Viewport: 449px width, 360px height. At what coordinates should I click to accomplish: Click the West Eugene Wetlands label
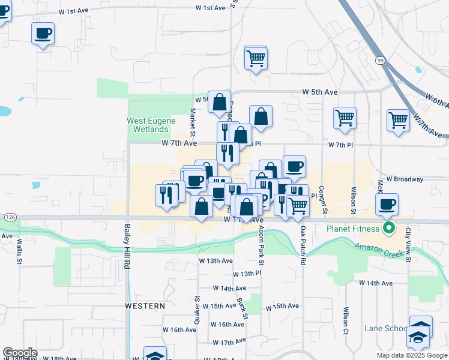(x=147, y=125)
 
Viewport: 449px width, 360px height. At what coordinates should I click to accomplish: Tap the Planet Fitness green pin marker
(x=389, y=229)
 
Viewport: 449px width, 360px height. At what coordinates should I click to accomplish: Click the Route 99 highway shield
(x=381, y=61)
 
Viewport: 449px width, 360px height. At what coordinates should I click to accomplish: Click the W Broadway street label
(x=405, y=179)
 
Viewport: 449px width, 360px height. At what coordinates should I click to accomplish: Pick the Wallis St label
(x=20, y=252)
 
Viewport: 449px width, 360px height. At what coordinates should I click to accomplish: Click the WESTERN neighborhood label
(x=145, y=306)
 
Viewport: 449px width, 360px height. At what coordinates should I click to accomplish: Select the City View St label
(x=408, y=243)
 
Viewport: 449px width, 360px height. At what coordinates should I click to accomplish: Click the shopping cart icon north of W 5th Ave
(x=256, y=59)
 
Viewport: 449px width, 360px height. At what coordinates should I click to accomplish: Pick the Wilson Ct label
(x=346, y=323)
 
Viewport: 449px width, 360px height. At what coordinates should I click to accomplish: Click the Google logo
(x=20, y=353)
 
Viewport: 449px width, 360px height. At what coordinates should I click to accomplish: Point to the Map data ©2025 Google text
(x=411, y=355)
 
